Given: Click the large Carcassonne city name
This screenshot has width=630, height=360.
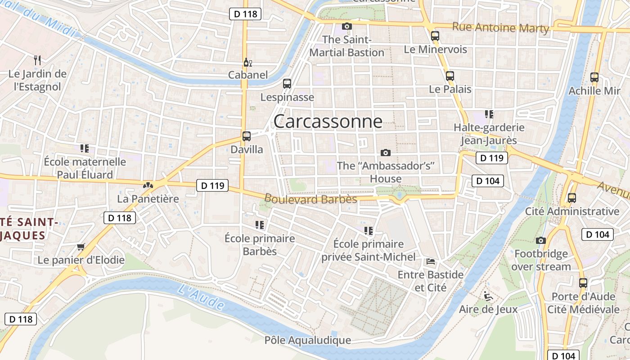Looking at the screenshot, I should tap(328, 121).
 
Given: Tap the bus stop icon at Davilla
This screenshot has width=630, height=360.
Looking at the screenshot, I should tap(247, 136).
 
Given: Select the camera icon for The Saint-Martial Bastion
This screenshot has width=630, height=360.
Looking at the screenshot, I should tap(346, 26).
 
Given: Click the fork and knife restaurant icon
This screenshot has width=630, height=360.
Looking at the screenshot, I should tap(37, 59).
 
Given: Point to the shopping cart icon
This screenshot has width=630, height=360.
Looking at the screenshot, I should tap(81, 246).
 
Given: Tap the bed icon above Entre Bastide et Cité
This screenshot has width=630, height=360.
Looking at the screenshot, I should tap(431, 261).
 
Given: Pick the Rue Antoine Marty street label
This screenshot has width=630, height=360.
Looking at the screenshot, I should tap(500, 28).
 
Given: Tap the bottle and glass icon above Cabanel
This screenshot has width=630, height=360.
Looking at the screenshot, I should tap(246, 62).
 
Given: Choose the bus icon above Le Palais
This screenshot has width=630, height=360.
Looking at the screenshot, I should tap(450, 76).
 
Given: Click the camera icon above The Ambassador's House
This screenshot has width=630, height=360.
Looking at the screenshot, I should tap(386, 153).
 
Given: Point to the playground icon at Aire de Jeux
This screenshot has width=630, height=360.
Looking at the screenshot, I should tap(488, 296).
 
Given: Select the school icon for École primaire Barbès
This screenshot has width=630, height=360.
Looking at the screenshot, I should tap(260, 225).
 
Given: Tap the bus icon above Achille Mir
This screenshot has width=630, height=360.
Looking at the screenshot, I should tap(594, 77).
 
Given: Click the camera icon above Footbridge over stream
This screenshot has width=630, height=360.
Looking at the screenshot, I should tap(541, 241).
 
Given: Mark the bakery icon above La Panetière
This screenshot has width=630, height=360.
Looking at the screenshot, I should tap(148, 185).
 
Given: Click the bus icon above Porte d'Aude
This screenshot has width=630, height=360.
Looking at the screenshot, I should tap(583, 283).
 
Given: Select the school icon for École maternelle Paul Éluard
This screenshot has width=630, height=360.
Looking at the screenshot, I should tap(85, 148).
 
